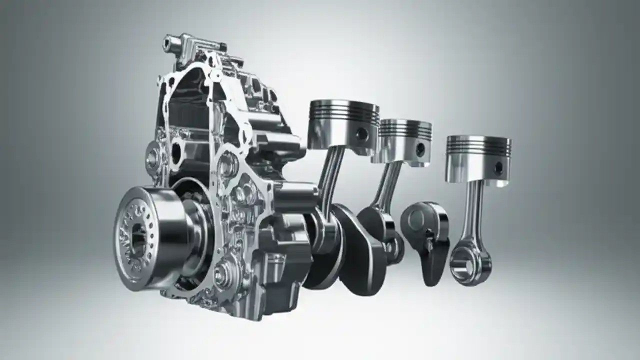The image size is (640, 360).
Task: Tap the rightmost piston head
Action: (x=478, y=160)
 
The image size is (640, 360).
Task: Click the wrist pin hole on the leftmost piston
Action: (x=362, y=134)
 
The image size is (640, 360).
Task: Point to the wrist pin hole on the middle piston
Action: (x=420, y=149)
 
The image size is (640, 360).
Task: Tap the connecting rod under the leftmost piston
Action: (x=332, y=175)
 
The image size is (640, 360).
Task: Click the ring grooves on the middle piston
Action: (x=405, y=129)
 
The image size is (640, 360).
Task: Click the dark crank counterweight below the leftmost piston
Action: (x=357, y=250)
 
